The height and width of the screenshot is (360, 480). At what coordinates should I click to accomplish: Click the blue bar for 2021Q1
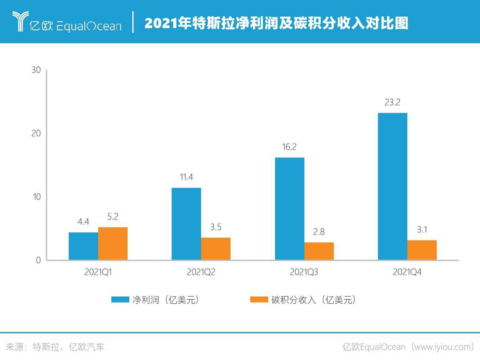click(x=83, y=246)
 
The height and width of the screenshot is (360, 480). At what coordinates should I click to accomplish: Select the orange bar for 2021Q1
click(x=113, y=244)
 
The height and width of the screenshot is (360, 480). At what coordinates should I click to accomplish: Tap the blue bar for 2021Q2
click(x=186, y=224)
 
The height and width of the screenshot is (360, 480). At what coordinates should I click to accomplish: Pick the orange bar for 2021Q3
click(x=319, y=251)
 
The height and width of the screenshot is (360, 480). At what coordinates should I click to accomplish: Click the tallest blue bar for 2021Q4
click(x=392, y=187)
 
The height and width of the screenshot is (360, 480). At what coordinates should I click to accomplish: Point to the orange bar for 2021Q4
click(x=422, y=250)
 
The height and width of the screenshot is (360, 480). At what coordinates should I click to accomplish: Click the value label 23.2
click(x=392, y=102)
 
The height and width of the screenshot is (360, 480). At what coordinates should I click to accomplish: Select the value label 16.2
click(x=289, y=147)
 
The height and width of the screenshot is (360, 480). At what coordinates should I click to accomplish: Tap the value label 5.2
click(x=113, y=217)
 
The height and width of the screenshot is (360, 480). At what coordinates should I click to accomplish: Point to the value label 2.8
click(x=319, y=232)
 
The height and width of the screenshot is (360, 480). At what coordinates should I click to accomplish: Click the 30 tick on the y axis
click(x=36, y=70)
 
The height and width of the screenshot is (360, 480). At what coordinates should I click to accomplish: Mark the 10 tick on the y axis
click(x=36, y=197)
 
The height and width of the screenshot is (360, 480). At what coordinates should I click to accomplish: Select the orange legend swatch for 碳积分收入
click(x=258, y=300)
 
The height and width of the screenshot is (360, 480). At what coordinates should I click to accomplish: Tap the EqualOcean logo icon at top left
click(x=22, y=22)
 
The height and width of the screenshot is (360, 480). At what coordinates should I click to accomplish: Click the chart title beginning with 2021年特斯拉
click(x=276, y=23)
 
